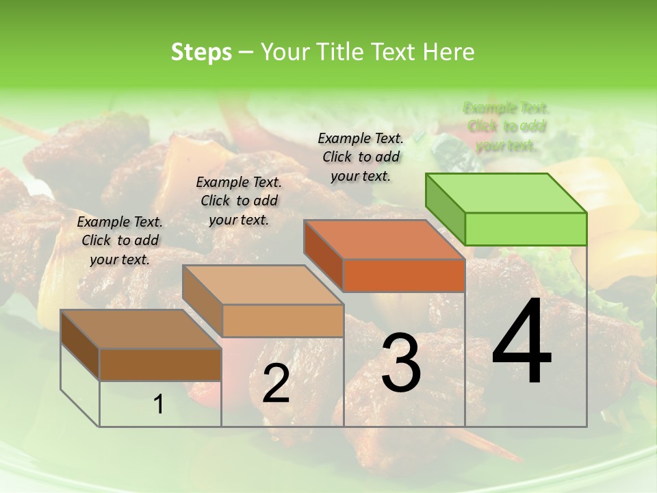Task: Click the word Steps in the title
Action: (x=201, y=52)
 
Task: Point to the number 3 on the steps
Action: (x=401, y=363)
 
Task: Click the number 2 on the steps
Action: (x=276, y=383)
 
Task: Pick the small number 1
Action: (x=159, y=405)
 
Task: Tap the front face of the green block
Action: (x=526, y=229)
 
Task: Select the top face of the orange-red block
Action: (x=384, y=240)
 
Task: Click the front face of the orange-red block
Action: (x=404, y=275)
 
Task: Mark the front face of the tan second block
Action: (x=282, y=320)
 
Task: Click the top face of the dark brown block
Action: (x=140, y=329)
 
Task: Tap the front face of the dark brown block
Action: (x=160, y=364)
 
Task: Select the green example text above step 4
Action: (x=506, y=127)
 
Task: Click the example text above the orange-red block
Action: (x=361, y=157)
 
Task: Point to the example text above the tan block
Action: (x=239, y=201)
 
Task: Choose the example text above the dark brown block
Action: (x=120, y=240)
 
